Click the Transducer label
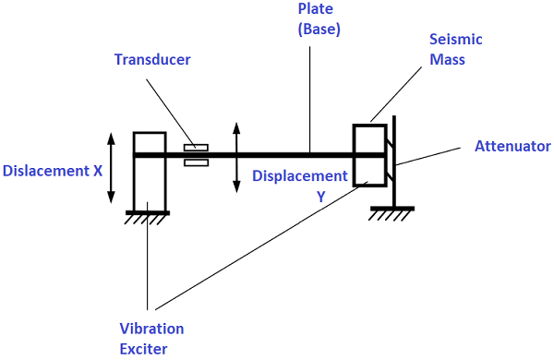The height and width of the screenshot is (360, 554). (153, 60)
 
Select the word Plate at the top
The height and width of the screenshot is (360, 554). (310, 9)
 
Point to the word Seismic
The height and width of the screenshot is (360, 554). (456, 41)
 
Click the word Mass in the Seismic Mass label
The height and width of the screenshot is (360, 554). (449, 59)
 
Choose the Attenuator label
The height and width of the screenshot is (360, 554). (512, 146)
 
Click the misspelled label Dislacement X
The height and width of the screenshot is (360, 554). (53, 171)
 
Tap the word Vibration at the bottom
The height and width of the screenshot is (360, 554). (151, 329)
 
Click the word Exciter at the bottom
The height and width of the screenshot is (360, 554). (143, 348)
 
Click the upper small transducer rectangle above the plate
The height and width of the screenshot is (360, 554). (197, 147)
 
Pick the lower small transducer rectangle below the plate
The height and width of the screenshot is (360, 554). (197, 163)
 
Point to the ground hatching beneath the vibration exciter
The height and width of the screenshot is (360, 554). (148, 218)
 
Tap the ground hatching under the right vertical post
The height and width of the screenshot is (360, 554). (391, 213)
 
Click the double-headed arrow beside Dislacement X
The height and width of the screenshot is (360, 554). (112, 168)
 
